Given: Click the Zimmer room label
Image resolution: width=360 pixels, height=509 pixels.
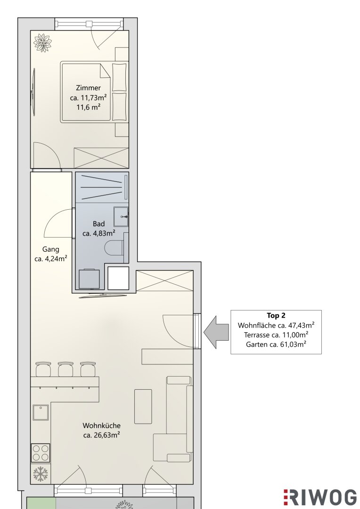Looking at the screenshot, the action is [88, 88].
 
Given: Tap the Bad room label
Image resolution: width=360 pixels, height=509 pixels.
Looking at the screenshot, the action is [98, 224].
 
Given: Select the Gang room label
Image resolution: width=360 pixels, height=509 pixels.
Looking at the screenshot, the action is [51, 249].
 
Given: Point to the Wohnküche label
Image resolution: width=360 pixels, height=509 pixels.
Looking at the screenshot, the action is [102, 425].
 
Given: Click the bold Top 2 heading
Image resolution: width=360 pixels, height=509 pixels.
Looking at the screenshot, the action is [276, 315].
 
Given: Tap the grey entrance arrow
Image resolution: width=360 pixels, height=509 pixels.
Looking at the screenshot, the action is [216, 332].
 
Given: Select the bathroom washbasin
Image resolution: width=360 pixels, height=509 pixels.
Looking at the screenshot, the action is [121, 216].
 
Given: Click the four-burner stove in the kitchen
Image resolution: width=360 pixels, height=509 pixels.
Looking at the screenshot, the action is [41, 453].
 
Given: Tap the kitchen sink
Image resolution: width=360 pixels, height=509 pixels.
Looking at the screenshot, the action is [40, 412].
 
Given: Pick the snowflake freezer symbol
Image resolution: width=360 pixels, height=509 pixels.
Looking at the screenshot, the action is [41, 474].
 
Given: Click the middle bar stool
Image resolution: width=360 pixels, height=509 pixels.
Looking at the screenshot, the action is [65, 369].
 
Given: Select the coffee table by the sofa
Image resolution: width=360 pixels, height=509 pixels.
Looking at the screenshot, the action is [143, 406].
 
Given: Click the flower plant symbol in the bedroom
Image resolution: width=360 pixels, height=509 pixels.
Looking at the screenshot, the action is [43, 42].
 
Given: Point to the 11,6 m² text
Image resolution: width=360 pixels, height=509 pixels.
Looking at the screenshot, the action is [88, 107].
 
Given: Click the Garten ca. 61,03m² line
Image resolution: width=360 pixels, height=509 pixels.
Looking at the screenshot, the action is [276, 344].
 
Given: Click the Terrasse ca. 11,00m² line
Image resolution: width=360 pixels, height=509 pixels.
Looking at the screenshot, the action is [276, 335].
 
